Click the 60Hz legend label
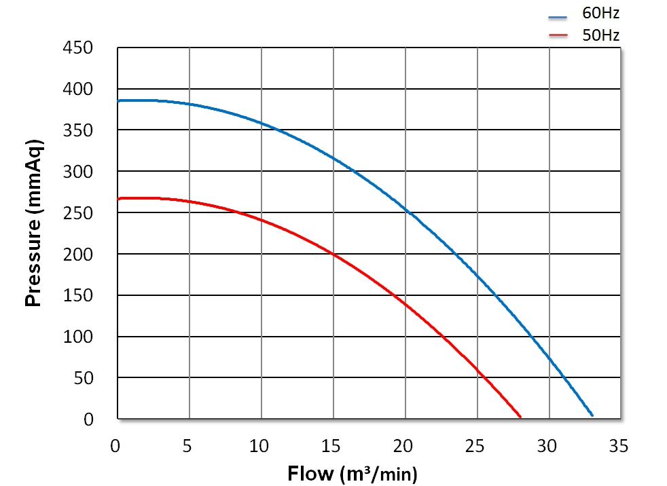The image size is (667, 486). point(600,13)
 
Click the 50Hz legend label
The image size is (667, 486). point(600,35)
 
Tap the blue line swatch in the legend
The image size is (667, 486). point(558,14)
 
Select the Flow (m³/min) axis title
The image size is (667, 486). point(353,472)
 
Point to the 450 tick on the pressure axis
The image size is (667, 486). point(79,48)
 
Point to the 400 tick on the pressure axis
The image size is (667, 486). point(79,90)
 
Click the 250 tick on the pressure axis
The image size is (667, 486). point(79,213)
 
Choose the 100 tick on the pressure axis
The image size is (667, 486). point(79,337)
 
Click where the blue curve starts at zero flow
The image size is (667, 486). point(119,100)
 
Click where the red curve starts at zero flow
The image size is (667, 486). point(119,198)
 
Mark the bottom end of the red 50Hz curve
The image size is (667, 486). point(520,416)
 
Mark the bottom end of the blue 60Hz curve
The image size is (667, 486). point(592,415)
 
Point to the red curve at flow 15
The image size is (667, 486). point(333,254)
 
